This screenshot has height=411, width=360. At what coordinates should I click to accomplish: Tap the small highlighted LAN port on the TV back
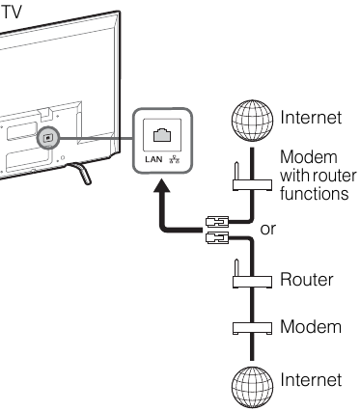click(x=46, y=138)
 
